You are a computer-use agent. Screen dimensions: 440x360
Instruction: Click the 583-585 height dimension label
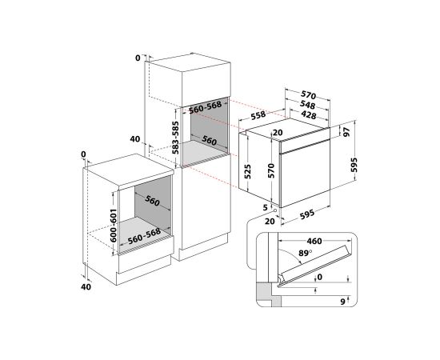pyautogui.click(x=176, y=138)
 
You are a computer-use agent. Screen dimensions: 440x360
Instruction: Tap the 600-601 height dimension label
pyautogui.click(x=113, y=226)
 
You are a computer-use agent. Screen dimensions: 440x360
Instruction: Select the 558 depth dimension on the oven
pyautogui.click(x=258, y=115)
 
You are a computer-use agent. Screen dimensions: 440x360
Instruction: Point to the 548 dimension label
pyautogui.click(x=307, y=105)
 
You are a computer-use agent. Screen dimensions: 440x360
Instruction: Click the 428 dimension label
pyautogui.click(x=308, y=114)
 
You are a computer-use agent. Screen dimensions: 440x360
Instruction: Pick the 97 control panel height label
pyautogui.click(x=347, y=132)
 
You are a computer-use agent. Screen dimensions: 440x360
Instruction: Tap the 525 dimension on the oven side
pyautogui.click(x=248, y=171)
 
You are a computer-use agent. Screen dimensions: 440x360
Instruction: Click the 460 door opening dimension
pyautogui.click(x=314, y=242)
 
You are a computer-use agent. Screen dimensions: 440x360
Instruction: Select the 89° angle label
pyautogui.click(x=305, y=253)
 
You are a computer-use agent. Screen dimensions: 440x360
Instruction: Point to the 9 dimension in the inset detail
pyautogui.click(x=342, y=302)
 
